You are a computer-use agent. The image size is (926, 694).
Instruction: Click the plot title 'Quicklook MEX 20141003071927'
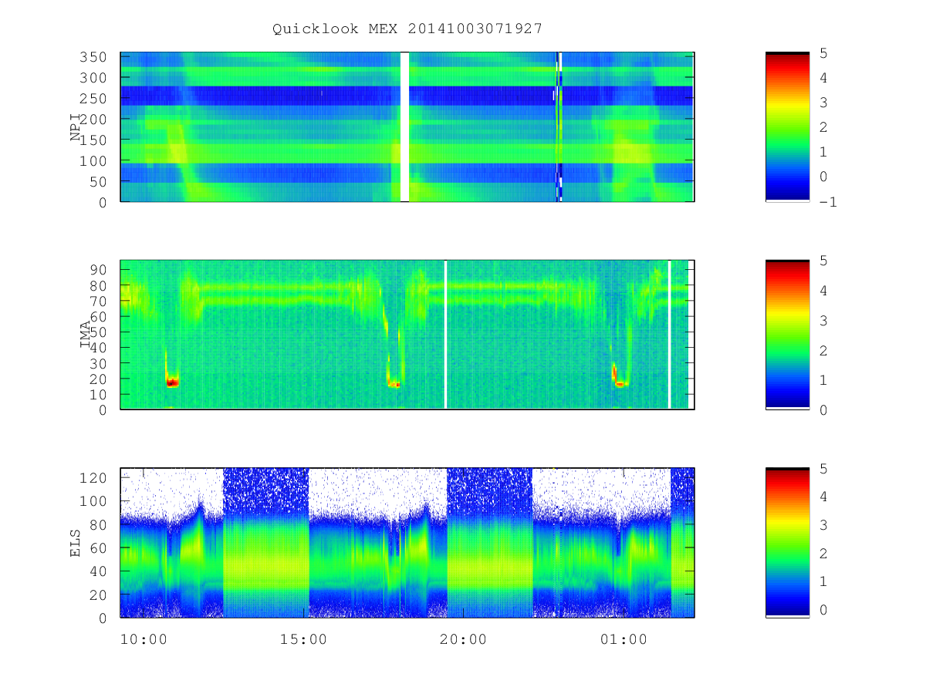click(x=407, y=29)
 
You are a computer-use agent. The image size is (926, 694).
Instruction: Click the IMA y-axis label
click(x=85, y=334)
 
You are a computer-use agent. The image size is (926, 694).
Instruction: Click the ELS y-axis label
click(x=75, y=543)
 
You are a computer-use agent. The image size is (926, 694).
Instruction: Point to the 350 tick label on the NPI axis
click(x=93, y=57)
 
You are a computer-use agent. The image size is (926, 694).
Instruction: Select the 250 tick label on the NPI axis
click(x=93, y=99)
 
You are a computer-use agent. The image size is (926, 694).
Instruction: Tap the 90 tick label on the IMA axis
click(x=98, y=270)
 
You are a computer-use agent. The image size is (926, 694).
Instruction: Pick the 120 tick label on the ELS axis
click(x=93, y=477)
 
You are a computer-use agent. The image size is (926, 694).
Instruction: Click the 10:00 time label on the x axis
click(x=144, y=639)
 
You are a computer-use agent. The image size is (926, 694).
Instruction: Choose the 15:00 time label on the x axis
click(x=303, y=639)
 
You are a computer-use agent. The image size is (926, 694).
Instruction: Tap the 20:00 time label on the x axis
click(x=463, y=639)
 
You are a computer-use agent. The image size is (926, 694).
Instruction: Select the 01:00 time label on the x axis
click(x=624, y=639)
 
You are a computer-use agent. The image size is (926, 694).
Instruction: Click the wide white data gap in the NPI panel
click(x=404, y=126)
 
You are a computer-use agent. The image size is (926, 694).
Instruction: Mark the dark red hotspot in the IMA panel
click(x=172, y=382)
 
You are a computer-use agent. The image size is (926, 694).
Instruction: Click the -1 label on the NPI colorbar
click(x=828, y=202)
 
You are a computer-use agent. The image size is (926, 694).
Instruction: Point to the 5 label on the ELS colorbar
click(x=823, y=469)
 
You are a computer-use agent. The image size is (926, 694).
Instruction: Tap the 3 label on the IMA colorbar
click(x=823, y=321)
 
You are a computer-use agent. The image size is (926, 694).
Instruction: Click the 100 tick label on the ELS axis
click(x=93, y=501)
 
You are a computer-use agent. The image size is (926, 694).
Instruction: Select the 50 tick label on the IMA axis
click(x=98, y=332)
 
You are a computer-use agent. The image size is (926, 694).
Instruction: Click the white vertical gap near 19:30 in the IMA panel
click(x=445, y=335)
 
